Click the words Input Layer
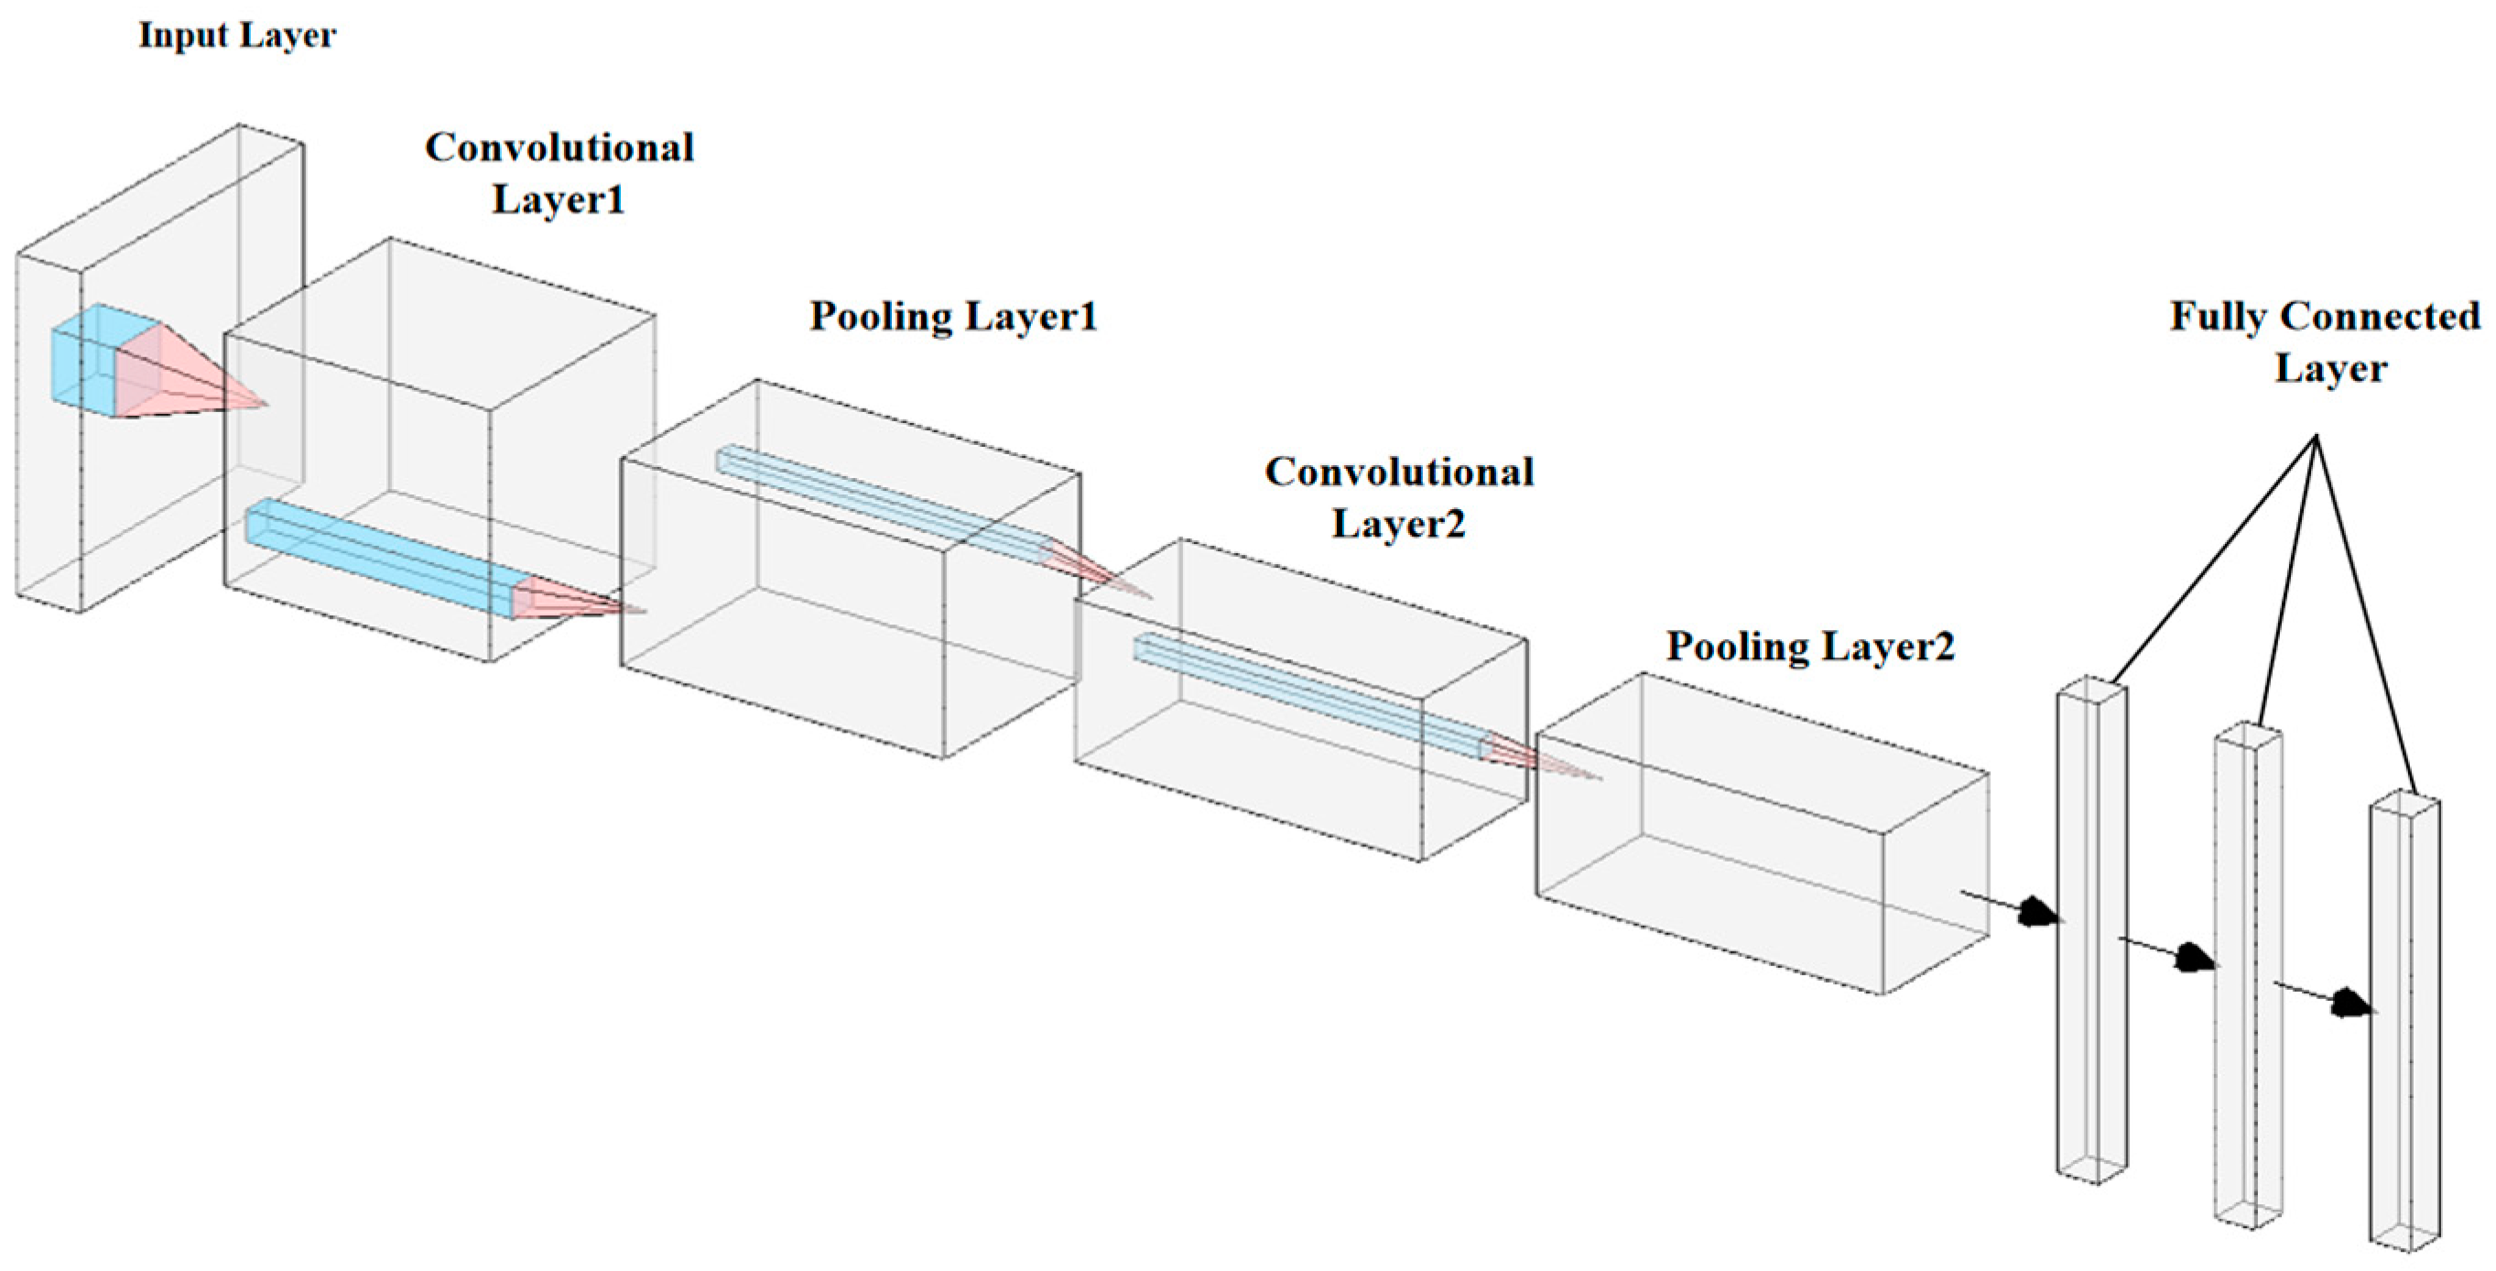point(237,36)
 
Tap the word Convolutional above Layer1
point(559,148)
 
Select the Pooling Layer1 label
point(953,318)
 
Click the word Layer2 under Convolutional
point(1398,524)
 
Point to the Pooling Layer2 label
point(1810,647)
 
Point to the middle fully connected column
point(2248,979)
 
